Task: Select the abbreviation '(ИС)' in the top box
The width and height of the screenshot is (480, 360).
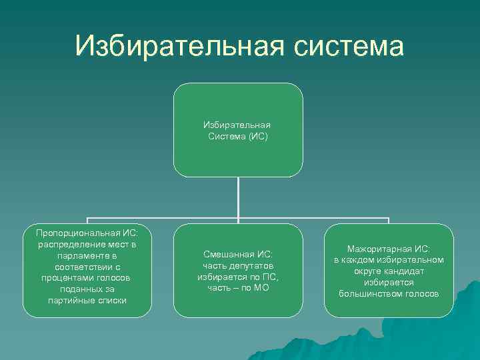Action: click(x=257, y=135)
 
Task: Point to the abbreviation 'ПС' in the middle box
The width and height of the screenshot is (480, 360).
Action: click(x=271, y=277)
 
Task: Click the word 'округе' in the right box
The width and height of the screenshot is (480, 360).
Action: click(x=368, y=271)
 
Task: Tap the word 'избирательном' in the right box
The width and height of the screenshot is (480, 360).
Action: click(x=411, y=260)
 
